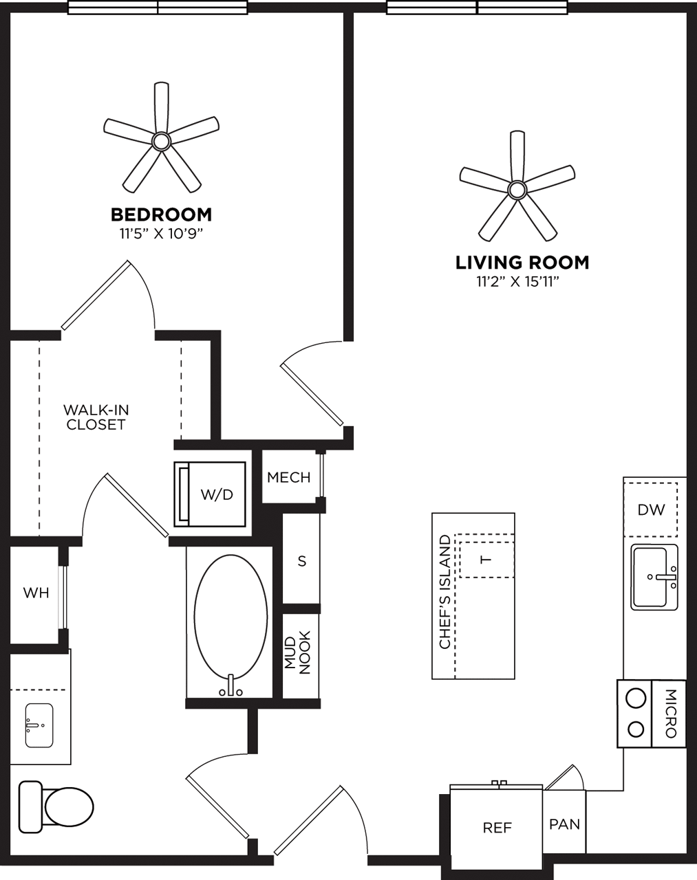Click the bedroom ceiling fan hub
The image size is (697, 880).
click(161, 142)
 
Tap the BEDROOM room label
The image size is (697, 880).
click(161, 214)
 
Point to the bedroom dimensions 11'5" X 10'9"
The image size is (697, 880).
click(161, 234)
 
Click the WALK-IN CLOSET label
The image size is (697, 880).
click(96, 417)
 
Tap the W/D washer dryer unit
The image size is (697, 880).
click(211, 494)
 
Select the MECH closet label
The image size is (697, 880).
click(288, 477)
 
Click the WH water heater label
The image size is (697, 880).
click(36, 593)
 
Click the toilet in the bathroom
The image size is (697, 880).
click(58, 806)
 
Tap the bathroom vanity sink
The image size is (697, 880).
click(39, 725)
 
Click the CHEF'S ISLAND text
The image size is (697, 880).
click(445, 592)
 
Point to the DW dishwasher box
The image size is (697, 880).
click(651, 509)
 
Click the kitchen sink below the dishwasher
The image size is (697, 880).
click(654, 577)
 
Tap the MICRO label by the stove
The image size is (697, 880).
click(671, 713)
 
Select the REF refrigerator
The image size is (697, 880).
click(497, 827)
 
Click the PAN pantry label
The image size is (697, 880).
click(564, 824)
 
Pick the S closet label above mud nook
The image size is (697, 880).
click(301, 561)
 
